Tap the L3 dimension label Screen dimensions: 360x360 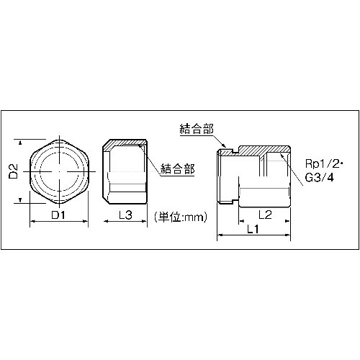125,215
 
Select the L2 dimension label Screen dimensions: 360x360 264,215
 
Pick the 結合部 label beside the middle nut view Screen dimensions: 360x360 179,169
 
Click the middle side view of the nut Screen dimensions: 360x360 125,173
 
